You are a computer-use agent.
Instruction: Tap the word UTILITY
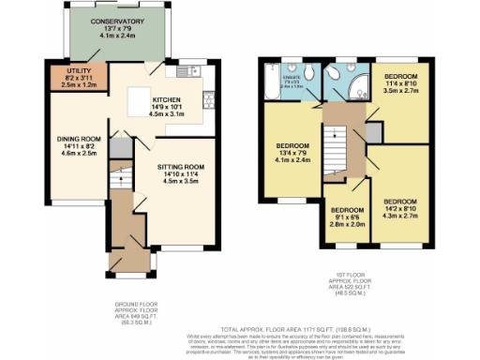[78, 68]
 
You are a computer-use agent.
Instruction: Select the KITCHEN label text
[166, 98]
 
